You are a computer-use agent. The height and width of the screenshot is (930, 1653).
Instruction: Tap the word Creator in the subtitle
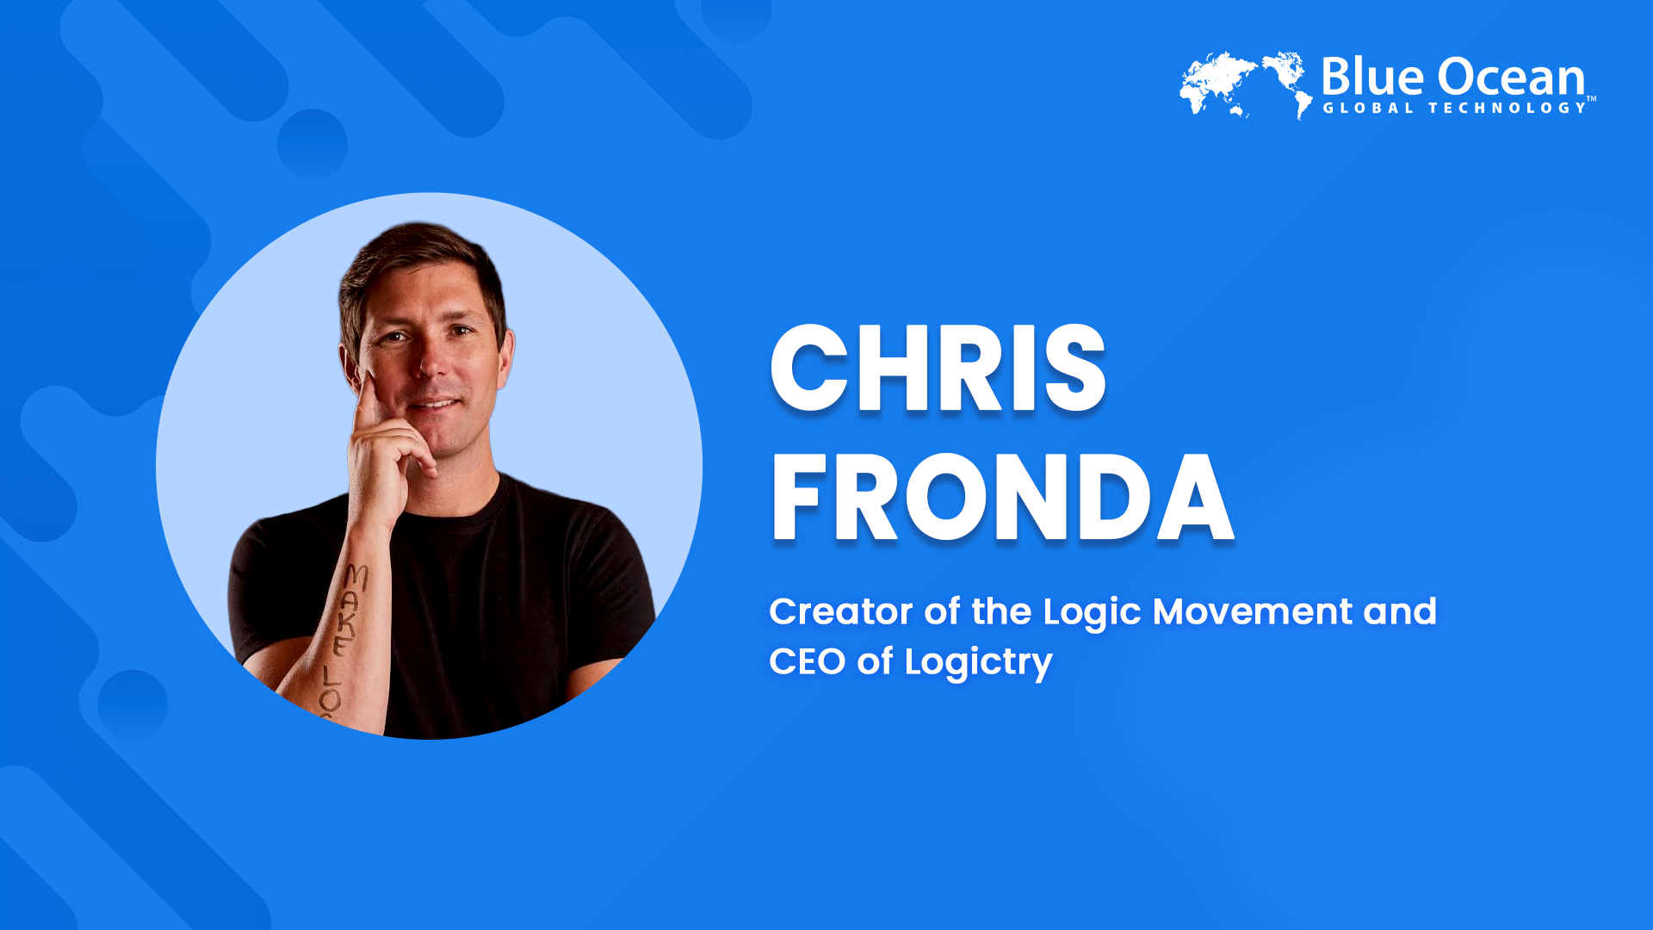(840, 611)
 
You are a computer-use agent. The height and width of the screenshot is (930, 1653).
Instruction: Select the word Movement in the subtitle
(1253, 611)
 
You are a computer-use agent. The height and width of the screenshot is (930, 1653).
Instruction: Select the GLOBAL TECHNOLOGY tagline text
(1455, 108)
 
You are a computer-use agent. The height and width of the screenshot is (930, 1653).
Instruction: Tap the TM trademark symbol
(1591, 99)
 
